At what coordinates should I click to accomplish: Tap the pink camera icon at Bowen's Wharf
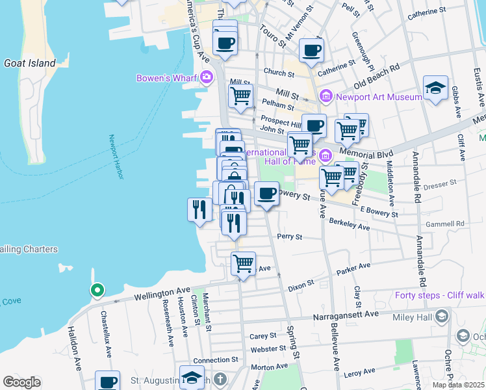coord(207,78)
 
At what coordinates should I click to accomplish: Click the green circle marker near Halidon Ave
coord(97,290)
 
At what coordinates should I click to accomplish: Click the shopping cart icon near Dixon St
coord(243,264)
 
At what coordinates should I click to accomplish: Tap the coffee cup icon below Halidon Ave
coord(108,382)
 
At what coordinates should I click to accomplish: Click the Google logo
coord(22,382)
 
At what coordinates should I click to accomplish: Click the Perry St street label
coord(290,237)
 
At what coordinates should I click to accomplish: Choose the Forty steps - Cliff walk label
coord(440,295)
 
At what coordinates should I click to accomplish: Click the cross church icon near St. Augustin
coord(220,379)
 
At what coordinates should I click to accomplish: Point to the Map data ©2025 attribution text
coord(458,385)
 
